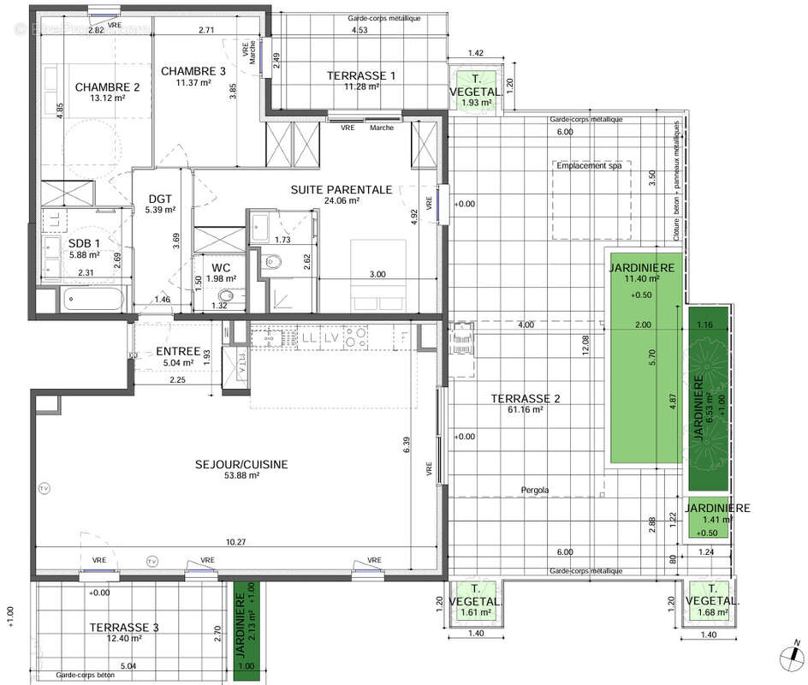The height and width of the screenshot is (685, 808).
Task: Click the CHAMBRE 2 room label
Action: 107,86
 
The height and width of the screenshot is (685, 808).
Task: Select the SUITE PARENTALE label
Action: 341,189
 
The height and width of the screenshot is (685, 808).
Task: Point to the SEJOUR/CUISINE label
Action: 242,464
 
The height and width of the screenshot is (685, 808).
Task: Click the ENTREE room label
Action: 177,352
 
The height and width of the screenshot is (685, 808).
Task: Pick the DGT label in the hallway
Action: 161,196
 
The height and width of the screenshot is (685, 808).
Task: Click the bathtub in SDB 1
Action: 93,300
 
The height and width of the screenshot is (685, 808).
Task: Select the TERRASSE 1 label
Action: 360,75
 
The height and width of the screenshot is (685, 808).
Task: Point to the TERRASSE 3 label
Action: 123,628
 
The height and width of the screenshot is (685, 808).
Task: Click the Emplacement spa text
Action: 590,166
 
